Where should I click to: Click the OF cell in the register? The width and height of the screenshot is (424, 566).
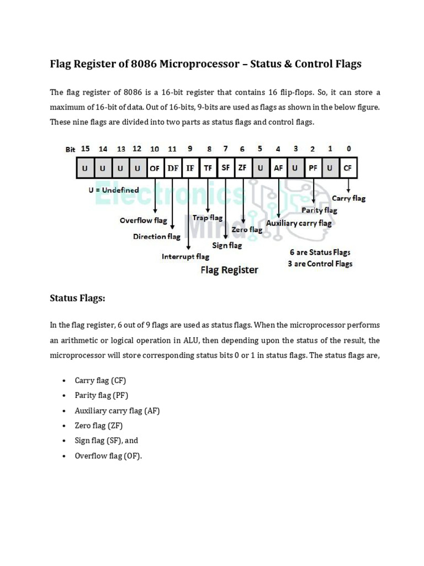(155, 168)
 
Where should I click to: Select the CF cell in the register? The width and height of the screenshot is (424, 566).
(347, 168)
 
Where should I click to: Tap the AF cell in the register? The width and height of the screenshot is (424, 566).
(278, 168)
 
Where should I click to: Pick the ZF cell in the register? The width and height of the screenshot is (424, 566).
(243, 168)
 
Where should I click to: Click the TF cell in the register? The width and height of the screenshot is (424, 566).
(208, 168)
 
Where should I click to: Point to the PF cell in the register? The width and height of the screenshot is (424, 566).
(312, 168)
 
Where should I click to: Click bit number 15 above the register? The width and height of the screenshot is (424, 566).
(85, 149)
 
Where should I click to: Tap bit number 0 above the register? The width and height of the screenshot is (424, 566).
(348, 149)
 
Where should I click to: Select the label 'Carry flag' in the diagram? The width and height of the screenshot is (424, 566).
(348, 198)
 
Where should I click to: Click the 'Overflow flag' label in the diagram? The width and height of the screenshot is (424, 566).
(143, 220)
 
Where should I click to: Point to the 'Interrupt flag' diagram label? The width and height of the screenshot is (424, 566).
(185, 256)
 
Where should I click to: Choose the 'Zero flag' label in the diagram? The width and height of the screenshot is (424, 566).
(247, 229)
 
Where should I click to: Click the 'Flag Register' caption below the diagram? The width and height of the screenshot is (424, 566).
(229, 270)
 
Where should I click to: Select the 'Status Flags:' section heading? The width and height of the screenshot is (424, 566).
(77, 298)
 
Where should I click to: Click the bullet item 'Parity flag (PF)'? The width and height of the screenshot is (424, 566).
(102, 395)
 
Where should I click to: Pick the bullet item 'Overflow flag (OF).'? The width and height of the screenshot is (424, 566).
(108, 456)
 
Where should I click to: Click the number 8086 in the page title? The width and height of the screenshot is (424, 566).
(144, 64)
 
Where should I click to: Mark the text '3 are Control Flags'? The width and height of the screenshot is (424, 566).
(320, 264)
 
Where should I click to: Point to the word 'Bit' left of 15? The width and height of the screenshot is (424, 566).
(70, 150)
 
